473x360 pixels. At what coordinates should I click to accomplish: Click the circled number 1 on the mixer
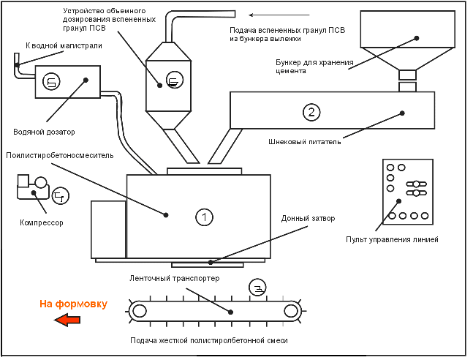click(x=205, y=217)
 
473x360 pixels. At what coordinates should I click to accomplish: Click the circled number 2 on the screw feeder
click(x=311, y=112)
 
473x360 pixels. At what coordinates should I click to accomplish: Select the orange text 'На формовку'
click(x=73, y=304)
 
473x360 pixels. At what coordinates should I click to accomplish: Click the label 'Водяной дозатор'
click(x=45, y=132)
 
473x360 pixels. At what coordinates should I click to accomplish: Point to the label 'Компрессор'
click(x=41, y=222)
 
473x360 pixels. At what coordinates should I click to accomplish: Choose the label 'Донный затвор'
click(x=302, y=219)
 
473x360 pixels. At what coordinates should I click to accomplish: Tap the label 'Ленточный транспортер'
click(x=174, y=278)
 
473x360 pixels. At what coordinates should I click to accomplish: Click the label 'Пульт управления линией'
click(x=392, y=240)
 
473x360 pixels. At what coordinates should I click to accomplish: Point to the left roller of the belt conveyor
click(x=139, y=310)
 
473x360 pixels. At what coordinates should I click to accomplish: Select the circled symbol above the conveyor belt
click(x=257, y=286)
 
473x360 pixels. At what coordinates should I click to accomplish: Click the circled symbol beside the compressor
click(x=61, y=196)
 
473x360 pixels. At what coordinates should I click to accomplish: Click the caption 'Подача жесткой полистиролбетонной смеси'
click(x=209, y=341)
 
